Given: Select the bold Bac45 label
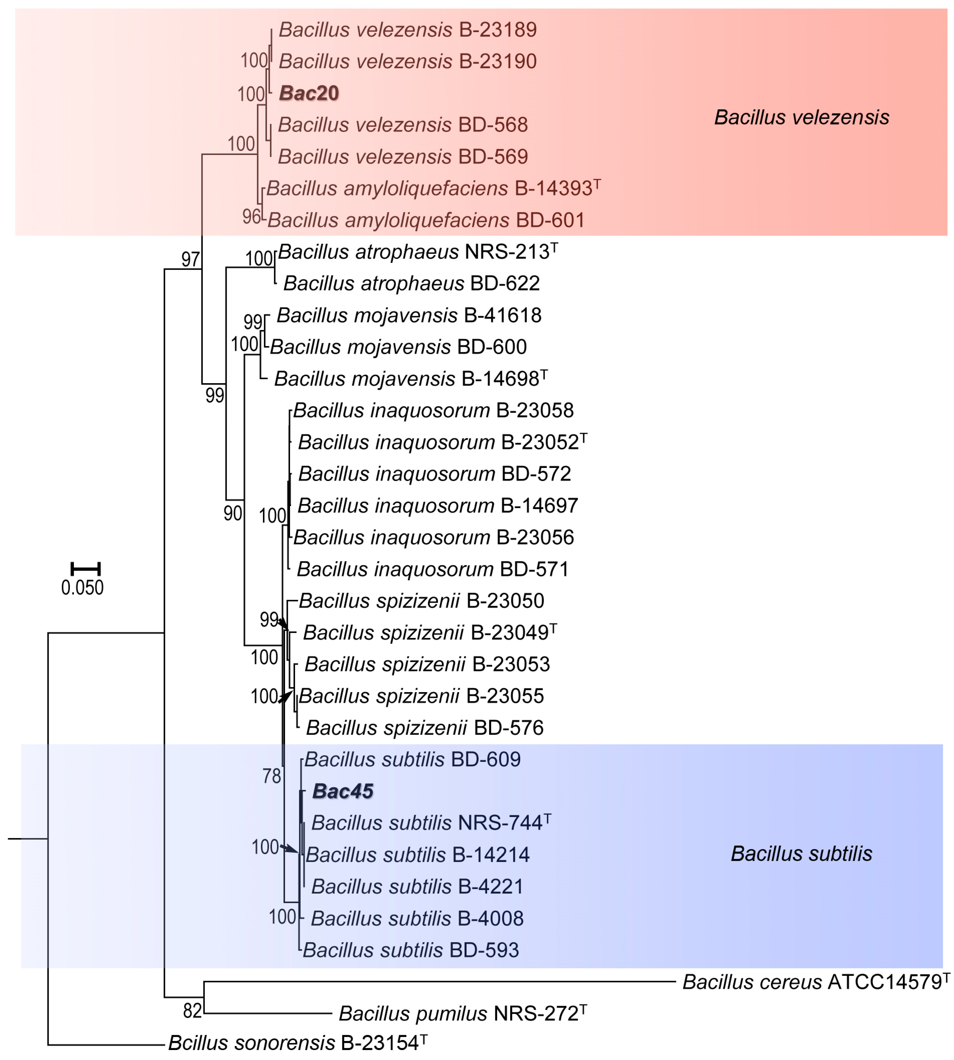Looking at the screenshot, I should (x=343, y=791).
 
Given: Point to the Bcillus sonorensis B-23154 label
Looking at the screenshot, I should (x=297, y=1043).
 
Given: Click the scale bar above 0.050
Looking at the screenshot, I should (x=85, y=569).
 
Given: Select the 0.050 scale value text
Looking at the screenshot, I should (x=82, y=588).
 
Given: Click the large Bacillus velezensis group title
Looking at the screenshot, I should (x=801, y=117).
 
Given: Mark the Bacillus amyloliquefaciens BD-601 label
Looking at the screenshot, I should (x=426, y=220).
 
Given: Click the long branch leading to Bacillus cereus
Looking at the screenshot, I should (x=440, y=981).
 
